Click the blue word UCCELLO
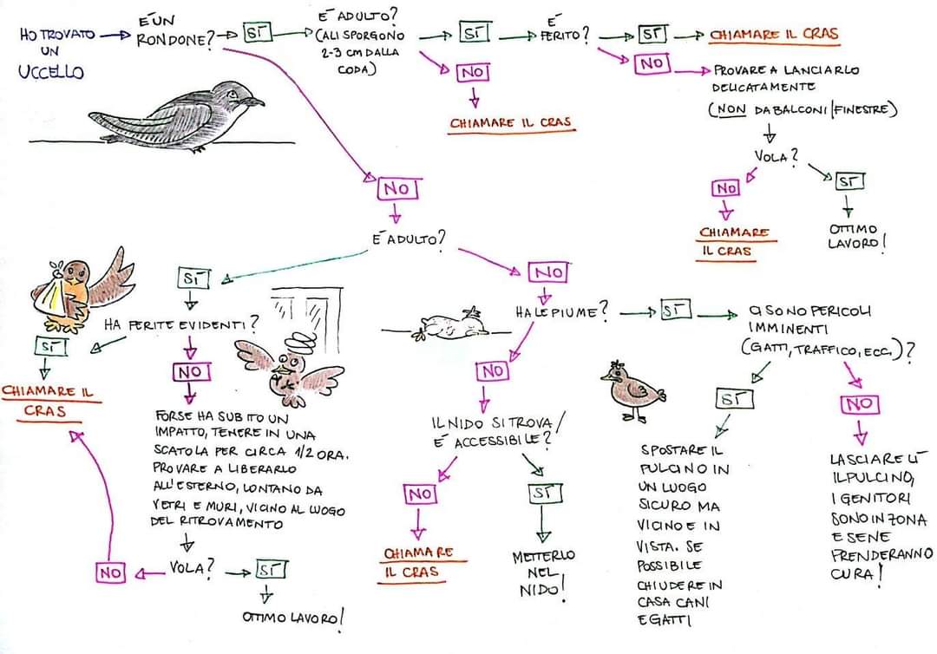click(50, 72)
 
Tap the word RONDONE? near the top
click(174, 39)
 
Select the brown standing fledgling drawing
click(628, 389)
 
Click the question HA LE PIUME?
click(560, 311)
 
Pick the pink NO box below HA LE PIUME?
click(492, 371)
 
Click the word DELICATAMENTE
click(763, 87)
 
